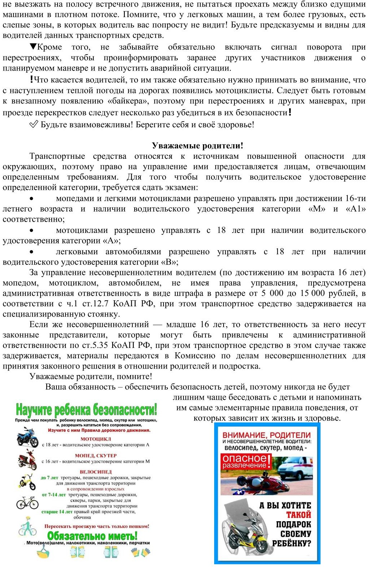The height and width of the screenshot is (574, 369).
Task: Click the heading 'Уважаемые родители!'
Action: point(198,146)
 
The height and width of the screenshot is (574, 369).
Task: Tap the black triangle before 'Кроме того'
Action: point(33,47)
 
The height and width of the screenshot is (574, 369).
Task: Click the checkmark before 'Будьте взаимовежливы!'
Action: point(33,124)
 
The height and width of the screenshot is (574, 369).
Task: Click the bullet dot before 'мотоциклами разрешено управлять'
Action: point(32,230)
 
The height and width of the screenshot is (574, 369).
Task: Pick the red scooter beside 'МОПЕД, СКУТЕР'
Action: point(27,460)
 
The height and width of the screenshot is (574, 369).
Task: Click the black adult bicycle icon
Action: point(27,502)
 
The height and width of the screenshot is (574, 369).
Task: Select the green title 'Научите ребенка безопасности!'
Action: point(86,410)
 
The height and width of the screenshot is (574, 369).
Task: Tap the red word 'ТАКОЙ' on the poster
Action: point(298,515)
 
